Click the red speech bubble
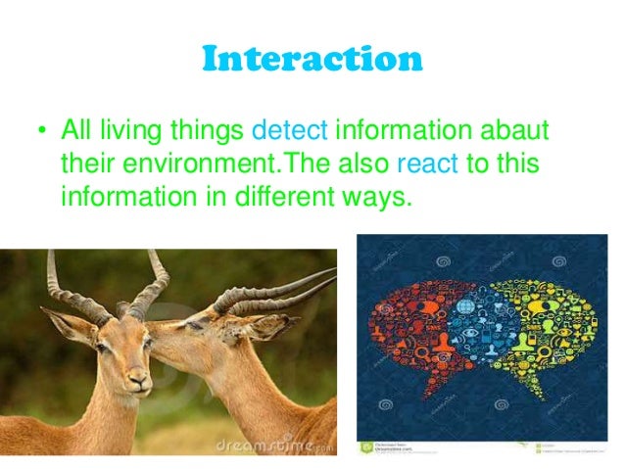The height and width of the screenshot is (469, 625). (x=411, y=323)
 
